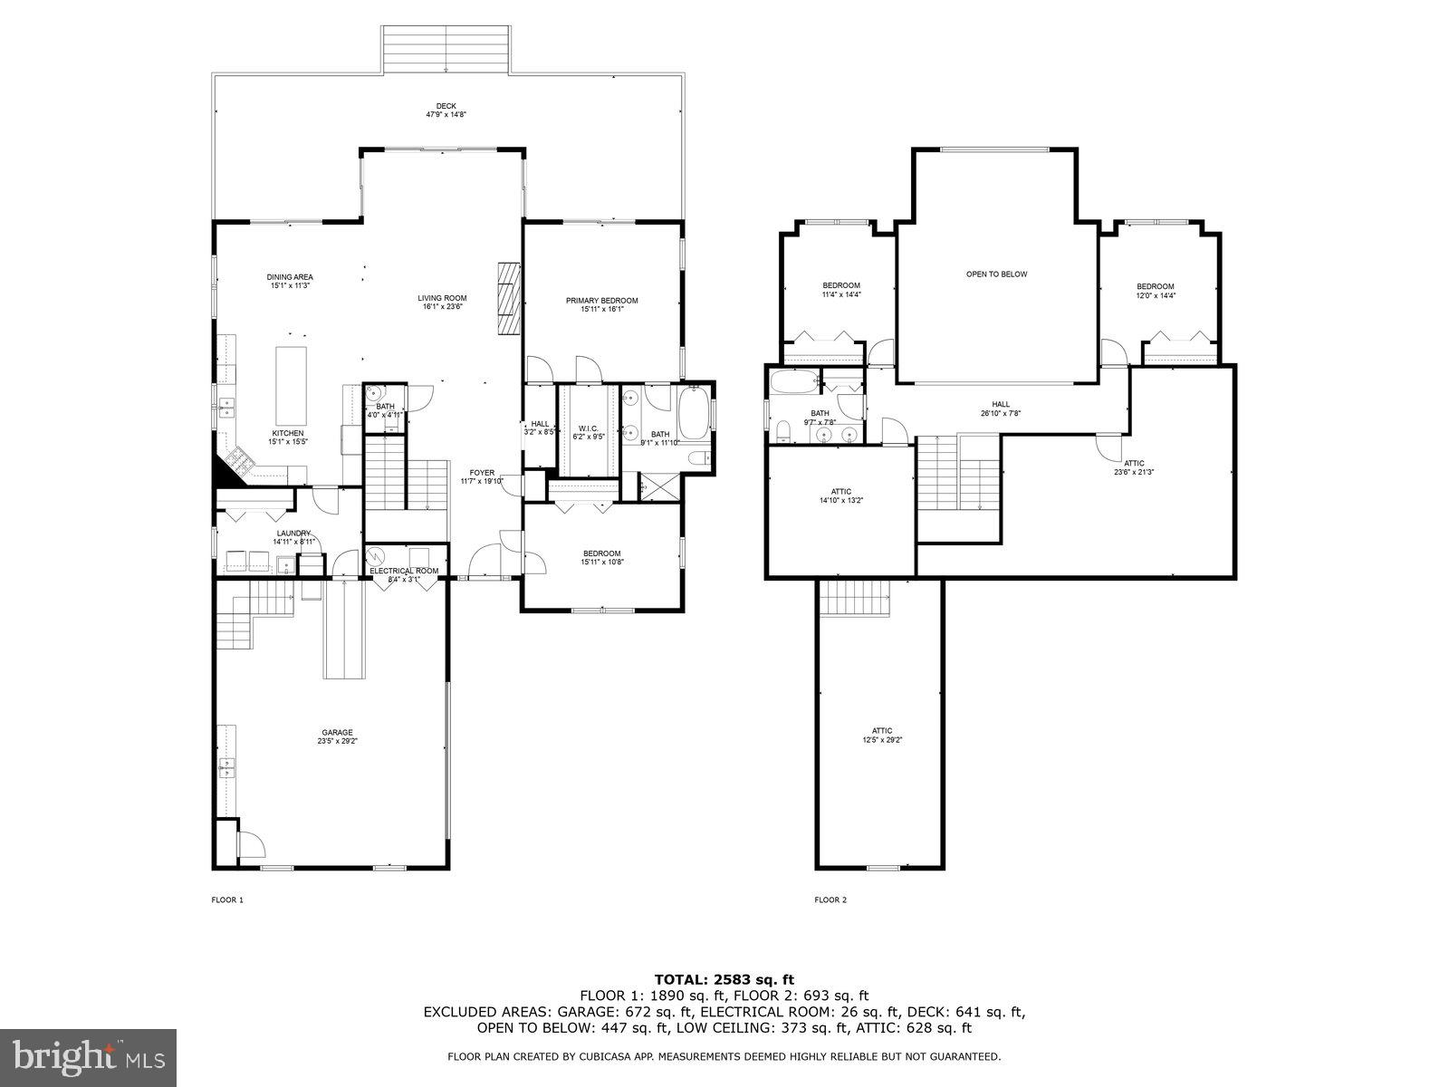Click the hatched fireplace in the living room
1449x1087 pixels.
(x=510, y=298)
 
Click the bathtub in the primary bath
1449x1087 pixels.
(x=696, y=412)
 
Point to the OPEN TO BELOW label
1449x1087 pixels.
(x=996, y=274)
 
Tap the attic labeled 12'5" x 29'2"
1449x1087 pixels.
(x=882, y=735)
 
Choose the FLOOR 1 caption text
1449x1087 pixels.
(x=227, y=899)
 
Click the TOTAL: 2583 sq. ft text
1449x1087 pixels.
(x=724, y=979)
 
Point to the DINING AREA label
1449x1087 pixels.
(x=290, y=281)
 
